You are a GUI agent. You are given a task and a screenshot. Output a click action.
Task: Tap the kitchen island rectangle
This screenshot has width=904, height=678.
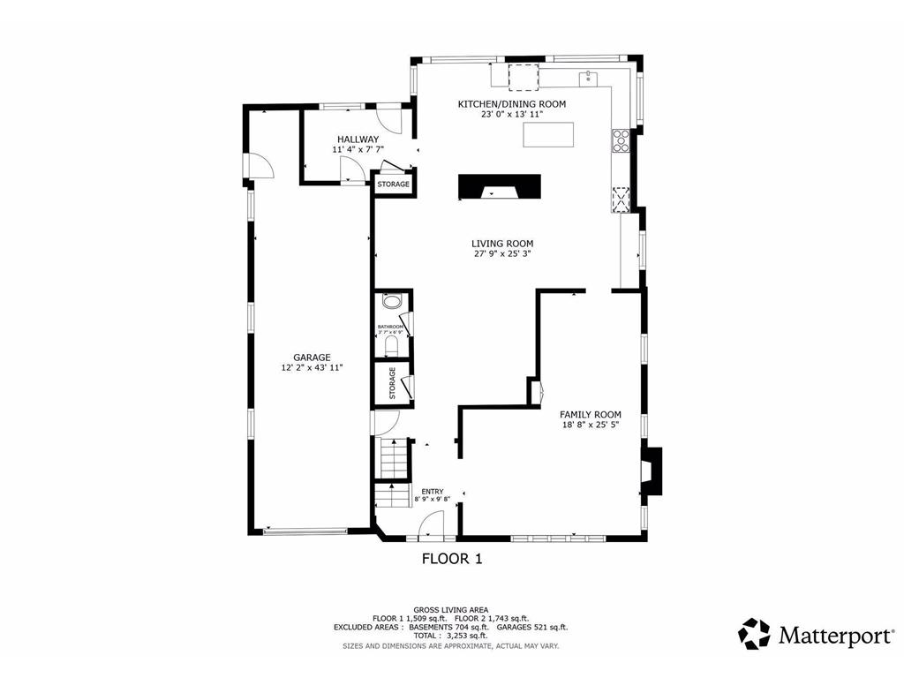coord(548,135)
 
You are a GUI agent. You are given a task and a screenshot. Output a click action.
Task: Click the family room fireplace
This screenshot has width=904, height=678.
coord(651,470)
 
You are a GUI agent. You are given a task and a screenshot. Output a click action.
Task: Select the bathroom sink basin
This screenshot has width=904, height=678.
coord(390,302)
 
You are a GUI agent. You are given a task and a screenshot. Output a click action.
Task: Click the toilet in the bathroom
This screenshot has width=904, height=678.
coord(392,345)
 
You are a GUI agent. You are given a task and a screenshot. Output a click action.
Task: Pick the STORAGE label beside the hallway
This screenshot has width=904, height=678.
coord(394,185)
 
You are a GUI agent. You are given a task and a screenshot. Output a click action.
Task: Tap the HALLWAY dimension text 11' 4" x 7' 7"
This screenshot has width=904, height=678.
coord(358,150)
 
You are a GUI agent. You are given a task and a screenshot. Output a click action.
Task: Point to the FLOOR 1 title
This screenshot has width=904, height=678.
coord(451,558)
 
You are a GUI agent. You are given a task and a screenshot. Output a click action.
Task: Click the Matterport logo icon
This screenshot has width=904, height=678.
coord(754,634)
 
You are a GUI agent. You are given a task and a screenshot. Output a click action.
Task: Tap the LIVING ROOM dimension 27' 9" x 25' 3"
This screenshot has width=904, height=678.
coord(501,254)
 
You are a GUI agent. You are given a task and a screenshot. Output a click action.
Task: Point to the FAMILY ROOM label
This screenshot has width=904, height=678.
coord(591,414)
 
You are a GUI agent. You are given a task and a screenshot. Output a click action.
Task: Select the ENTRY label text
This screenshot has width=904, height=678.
coord(432,492)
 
